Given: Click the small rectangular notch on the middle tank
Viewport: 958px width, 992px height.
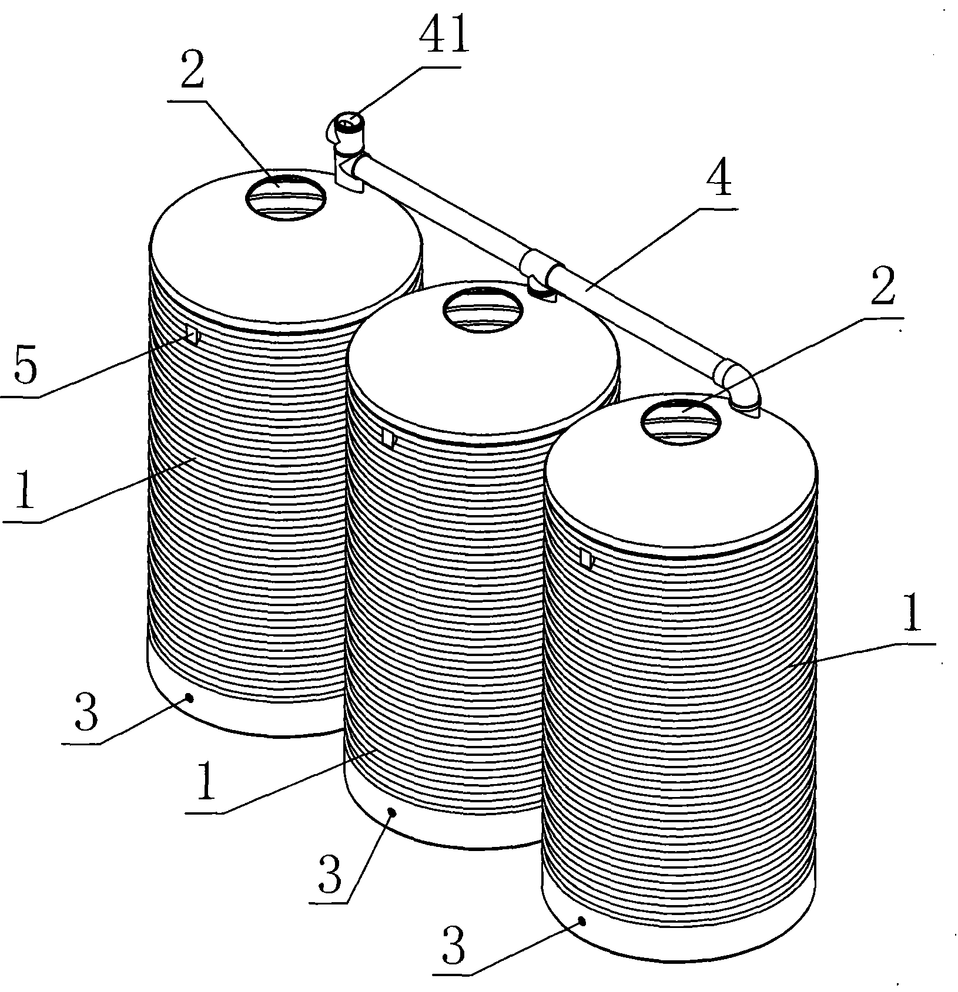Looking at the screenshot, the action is [388, 438].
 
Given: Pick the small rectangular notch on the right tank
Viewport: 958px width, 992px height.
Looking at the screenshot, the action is [586, 557].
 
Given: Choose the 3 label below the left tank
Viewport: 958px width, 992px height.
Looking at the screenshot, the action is [87, 712].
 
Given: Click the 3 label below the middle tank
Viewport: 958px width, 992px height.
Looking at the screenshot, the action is [330, 875].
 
